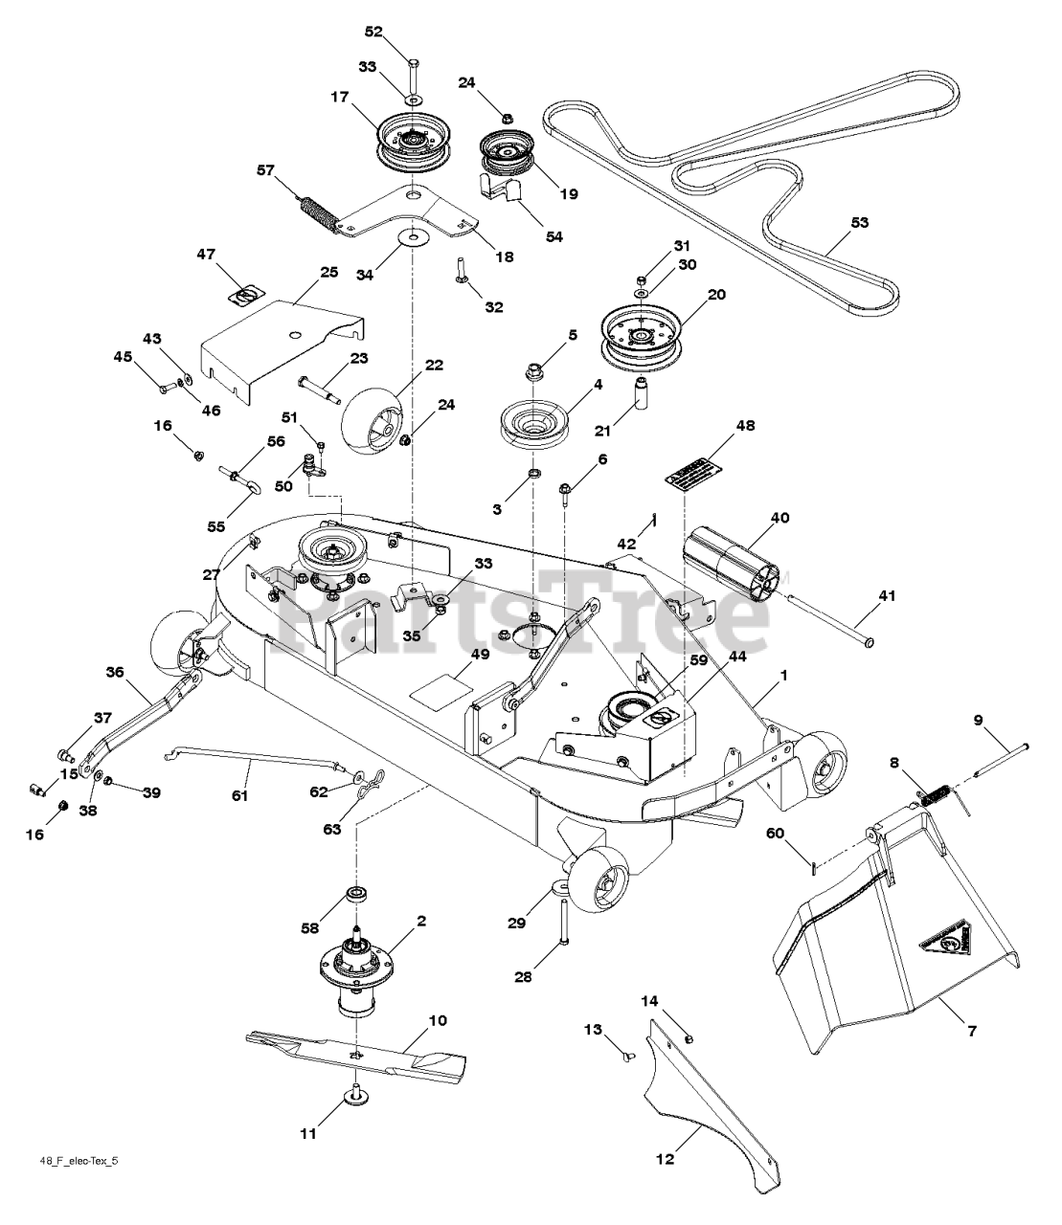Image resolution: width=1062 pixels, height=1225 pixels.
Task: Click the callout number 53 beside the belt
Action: pyautogui.click(x=860, y=222)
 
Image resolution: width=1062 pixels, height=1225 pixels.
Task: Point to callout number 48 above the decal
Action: pyautogui.click(x=745, y=425)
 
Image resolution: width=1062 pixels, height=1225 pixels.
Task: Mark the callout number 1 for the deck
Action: pyautogui.click(x=783, y=676)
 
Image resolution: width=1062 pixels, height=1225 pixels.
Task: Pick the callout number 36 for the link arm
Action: pyautogui.click(x=115, y=673)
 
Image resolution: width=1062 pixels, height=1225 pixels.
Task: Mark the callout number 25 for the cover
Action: pyautogui.click(x=329, y=273)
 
